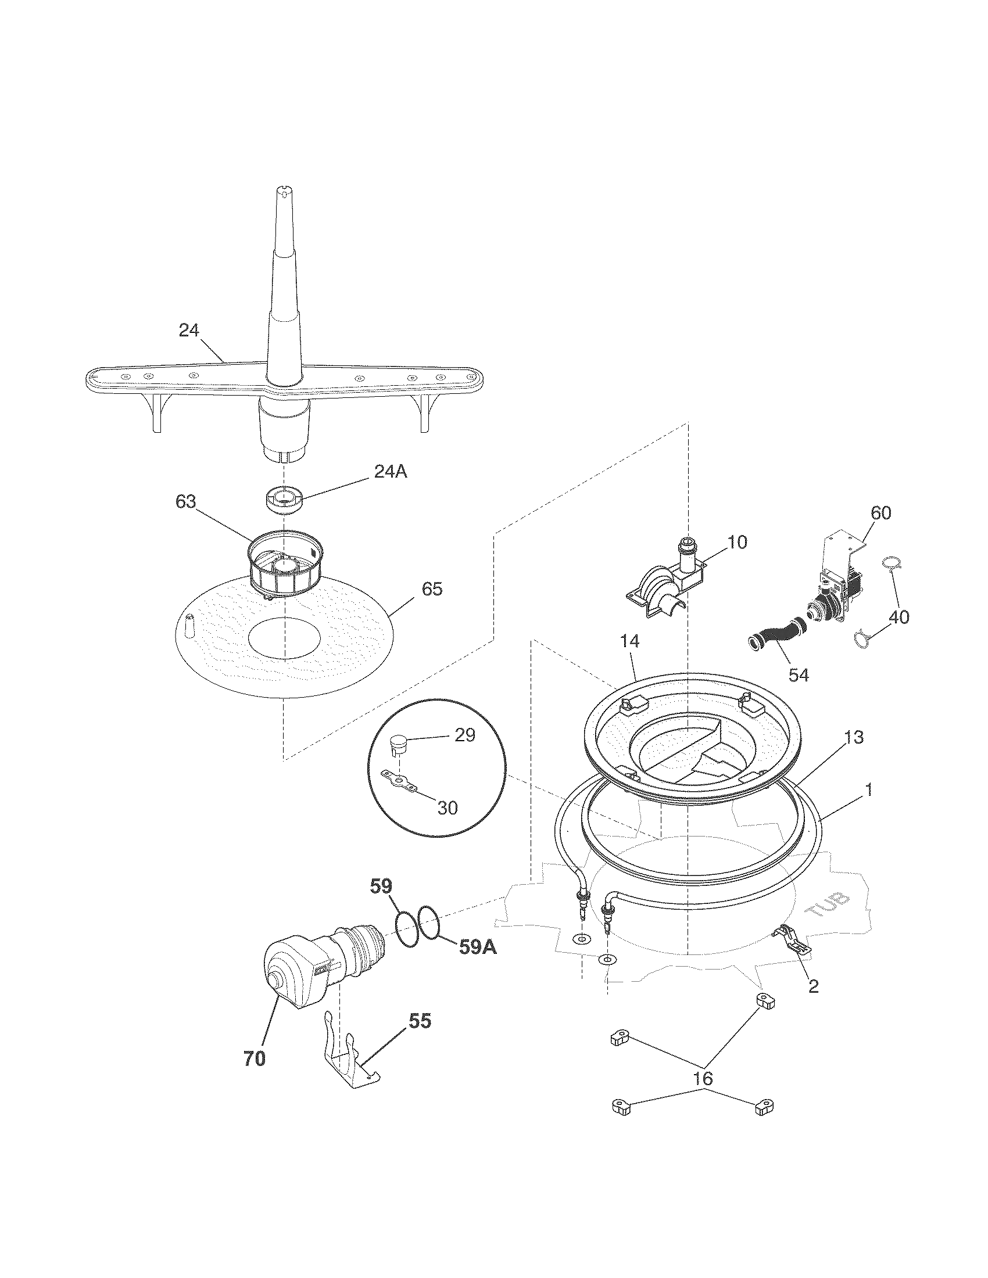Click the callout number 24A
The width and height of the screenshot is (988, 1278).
(391, 471)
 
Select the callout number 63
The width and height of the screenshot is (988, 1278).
(186, 502)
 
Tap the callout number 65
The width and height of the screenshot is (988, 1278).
(432, 588)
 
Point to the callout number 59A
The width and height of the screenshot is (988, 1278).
(478, 947)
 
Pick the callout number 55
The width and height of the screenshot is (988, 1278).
(420, 1021)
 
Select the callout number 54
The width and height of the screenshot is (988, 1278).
(799, 674)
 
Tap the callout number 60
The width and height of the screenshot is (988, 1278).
(881, 512)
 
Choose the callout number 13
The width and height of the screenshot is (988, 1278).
(854, 738)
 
